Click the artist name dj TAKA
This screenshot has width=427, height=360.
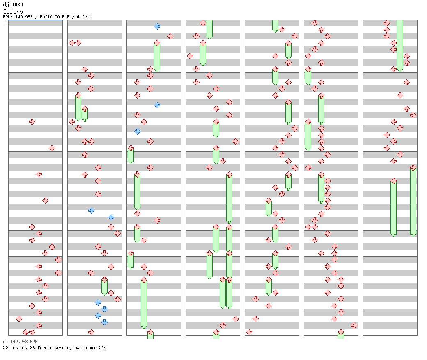pyautogui.click(x=13, y=5)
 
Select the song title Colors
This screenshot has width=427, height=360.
pyautogui.click(x=13, y=12)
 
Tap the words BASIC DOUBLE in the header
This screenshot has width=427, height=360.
pyautogui.click(x=55, y=17)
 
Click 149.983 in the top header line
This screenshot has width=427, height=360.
pyautogui.click(x=26, y=17)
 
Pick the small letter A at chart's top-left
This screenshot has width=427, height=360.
pyautogui.click(x=6, y=22)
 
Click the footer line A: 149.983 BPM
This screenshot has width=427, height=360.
pyautogui.click(x=20, y=342)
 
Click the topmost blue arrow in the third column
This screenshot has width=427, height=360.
pyautogui.click(x=157, y=26)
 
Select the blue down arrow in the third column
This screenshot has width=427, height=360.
pyautogui.click(x=137, y=132)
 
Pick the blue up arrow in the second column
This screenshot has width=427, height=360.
pyautogui.click(x=111, y=217)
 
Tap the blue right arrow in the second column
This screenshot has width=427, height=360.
pyautogui.click(x=91, y=210)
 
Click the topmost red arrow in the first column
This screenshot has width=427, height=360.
pyautogui.click(x=32, y=122)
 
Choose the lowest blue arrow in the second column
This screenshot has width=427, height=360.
pyautogui.click(x=104, y=322)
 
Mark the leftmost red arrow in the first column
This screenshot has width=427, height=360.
pyautogui.click(x=19, y=319)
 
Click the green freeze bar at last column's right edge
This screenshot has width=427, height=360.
pyautogui.click(x=413, y=201)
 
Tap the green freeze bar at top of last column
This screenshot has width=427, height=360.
pyautogui.click(x=400, y=45)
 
